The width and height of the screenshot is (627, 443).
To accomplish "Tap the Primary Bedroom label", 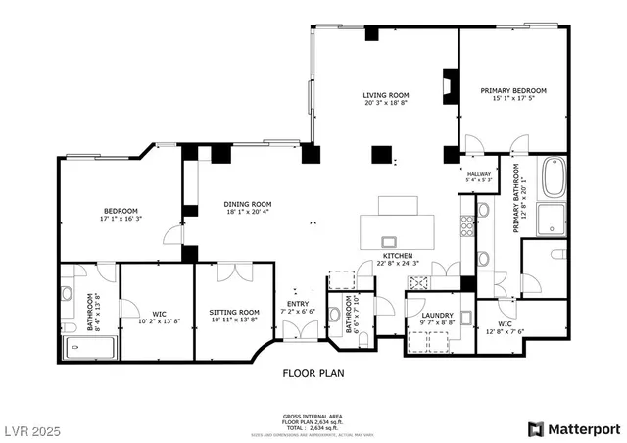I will click(x=512, y=90).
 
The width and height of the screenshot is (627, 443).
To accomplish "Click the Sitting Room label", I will click(x=234, y=312).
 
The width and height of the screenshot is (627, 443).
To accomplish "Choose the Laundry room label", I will click(x=436, y=315).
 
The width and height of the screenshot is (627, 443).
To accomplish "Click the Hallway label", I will click(x=478, y=173).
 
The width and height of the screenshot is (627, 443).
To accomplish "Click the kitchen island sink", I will click(x=389, y=241).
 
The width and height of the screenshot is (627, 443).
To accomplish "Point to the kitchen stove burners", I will click(x=422, y=282).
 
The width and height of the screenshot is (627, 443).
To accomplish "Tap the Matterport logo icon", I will click(x=534, y=428).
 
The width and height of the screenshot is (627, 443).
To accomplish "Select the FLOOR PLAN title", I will click(x=313, y=373).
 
